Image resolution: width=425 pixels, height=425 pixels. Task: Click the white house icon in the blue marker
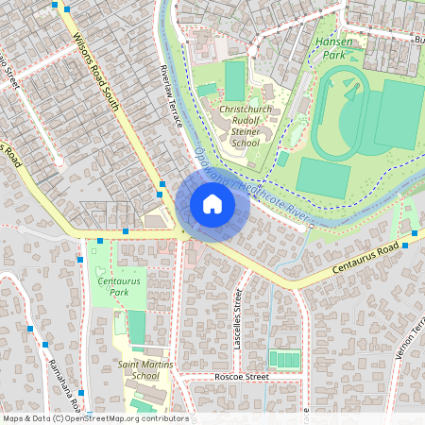212,204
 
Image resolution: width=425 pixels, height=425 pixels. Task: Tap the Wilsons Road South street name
96,71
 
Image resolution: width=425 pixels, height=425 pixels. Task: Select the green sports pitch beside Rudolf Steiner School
234,81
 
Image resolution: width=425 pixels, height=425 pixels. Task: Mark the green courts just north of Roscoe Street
284,359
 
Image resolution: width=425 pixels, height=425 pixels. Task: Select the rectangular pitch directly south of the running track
323,177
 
